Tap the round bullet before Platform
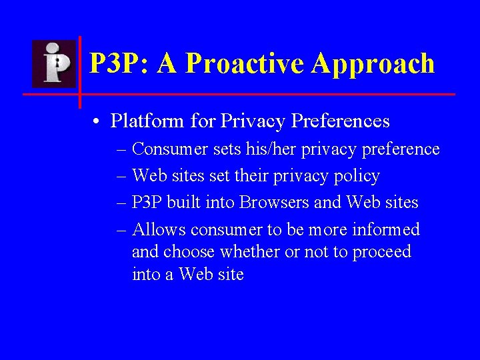(x=97, y=122)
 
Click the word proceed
(x=381, y=252)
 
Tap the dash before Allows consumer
(x=121, y=230)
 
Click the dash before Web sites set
(x=121, y=177)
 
